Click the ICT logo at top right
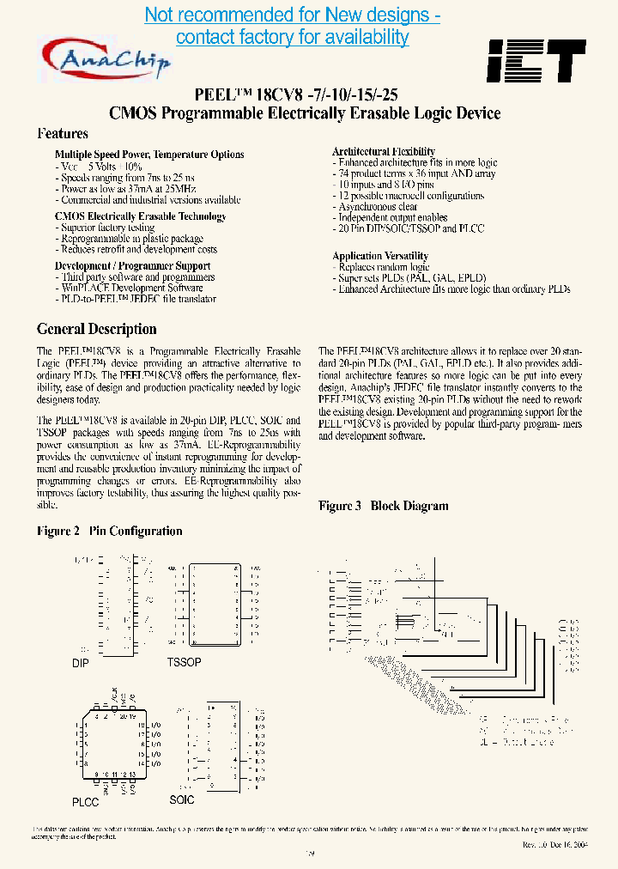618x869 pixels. [536, 61]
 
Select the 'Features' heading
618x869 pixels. [63, 134]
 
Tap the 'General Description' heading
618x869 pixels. [97, 329]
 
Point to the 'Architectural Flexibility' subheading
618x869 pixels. [384, 152]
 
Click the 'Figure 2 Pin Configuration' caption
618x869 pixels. [110, 531]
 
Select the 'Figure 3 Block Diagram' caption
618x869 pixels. [384, 506]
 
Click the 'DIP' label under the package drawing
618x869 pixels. [81, 664]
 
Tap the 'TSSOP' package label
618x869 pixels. [185, 662]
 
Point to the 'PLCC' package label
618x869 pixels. [85, 801]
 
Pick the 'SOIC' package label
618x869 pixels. [182, 799]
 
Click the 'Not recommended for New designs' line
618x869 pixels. [293, 15]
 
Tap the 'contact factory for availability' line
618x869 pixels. [293, 37]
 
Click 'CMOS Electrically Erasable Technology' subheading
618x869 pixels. [141, 216]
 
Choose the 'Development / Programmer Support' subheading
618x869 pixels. [133, 266]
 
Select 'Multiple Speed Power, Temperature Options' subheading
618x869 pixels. [149, 155]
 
